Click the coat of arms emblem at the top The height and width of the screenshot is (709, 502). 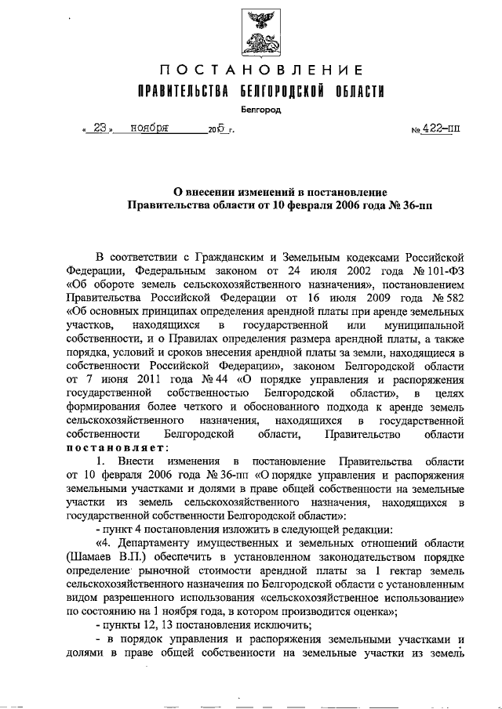[x=258, y=33]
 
